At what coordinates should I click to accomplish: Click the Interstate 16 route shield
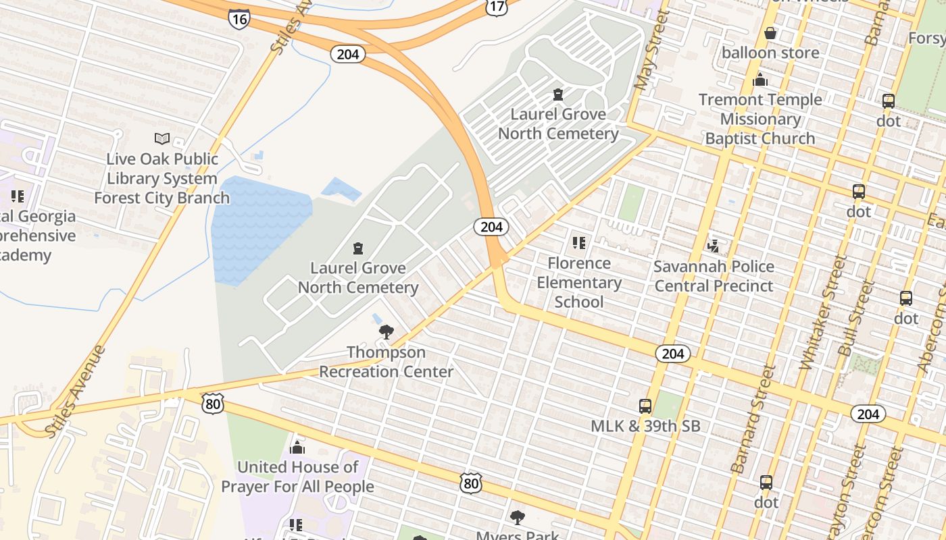click(239, 18)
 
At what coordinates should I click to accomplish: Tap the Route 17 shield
click(496, 7)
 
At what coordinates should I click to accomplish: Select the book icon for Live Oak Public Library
click(162, 138)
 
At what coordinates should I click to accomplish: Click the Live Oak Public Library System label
click(162, 178)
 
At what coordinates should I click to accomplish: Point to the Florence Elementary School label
click(579, 282)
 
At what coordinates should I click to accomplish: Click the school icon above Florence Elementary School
click(578, 242)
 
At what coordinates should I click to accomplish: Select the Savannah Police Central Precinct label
click(714, 275)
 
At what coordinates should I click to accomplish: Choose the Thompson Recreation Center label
click(386, 362)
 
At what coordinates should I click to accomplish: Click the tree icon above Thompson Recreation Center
click(386, 331)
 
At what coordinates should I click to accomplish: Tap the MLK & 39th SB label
click(645, 426)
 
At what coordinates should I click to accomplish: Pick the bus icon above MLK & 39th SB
click(645, 406)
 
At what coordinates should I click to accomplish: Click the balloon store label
click(770, 52)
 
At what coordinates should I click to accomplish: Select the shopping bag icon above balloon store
click(770, 33)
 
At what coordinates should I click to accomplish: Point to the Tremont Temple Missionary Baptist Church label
click(760, 119)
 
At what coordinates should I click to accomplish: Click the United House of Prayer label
click(297, 477)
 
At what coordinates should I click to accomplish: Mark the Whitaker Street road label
click(822, 312)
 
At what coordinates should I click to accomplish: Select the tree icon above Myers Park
click(518, 518)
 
